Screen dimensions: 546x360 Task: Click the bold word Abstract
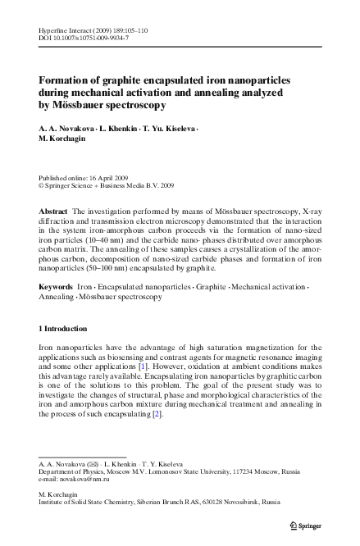[x=53, y=211]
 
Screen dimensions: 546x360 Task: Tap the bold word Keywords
[x=56, y=288]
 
